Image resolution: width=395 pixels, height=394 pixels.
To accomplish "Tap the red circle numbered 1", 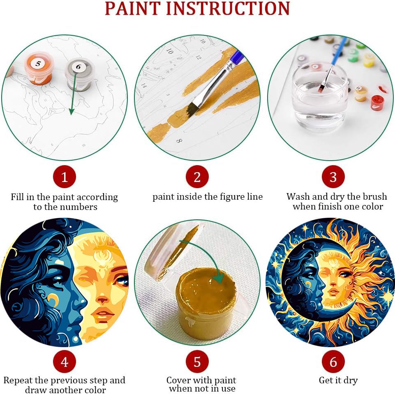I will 65,177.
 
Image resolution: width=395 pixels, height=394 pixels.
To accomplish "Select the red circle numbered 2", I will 197,177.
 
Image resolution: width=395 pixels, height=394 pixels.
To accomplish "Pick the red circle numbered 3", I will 333,177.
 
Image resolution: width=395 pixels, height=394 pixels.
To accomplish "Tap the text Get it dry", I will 338,380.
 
